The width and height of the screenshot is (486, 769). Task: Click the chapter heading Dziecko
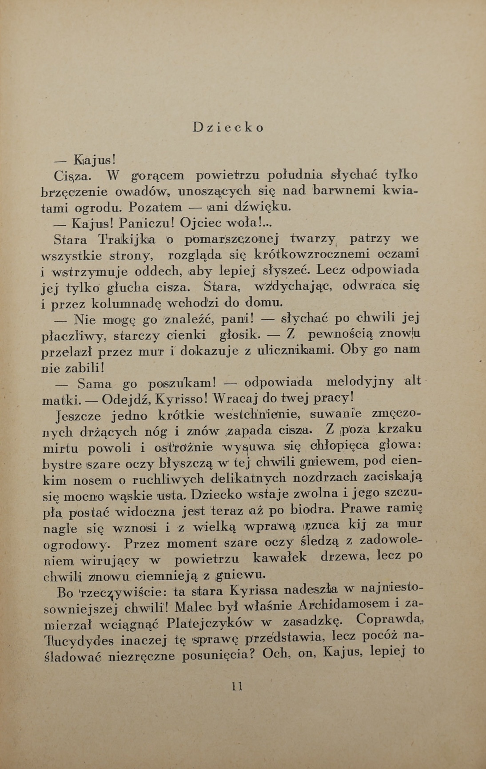pos(228,127)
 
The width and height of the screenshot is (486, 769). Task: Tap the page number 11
pos(237,686)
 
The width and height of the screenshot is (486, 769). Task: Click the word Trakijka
pos(127,240)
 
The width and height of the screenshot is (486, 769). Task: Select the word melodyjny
pos(360,382)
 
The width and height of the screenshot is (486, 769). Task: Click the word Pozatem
pos(150,207)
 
